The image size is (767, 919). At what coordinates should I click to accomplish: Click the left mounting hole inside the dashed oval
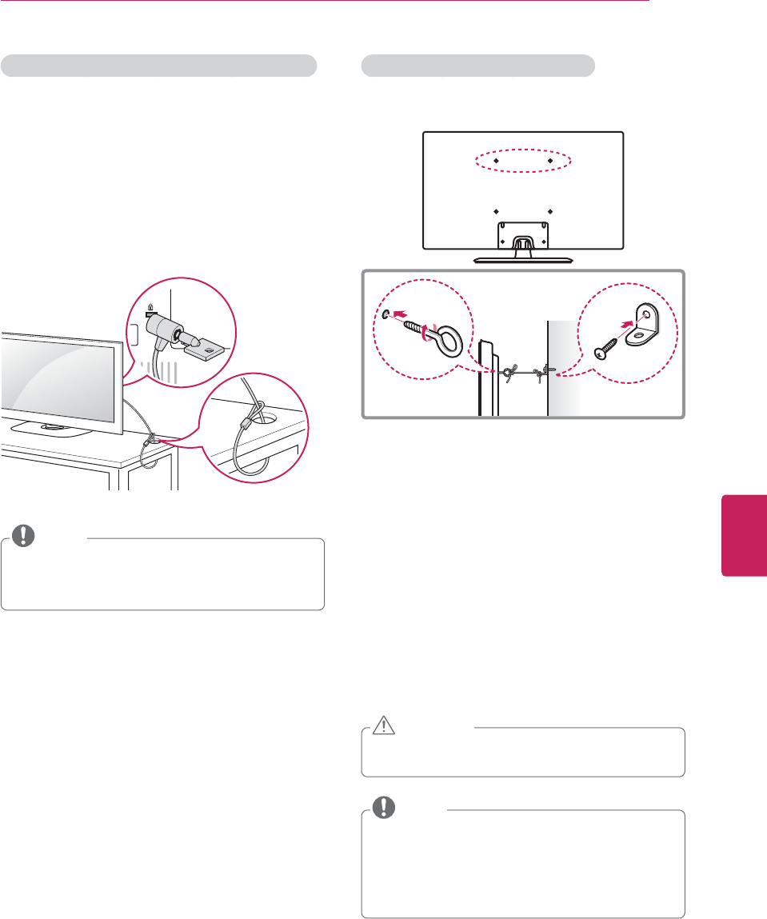(x=495, y=161)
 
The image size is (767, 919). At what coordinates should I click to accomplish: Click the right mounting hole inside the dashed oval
(x=550, y=161)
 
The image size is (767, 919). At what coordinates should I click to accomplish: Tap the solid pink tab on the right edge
(x=744, y=535)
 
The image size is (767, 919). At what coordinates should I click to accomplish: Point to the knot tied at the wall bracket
(x=542, y=371)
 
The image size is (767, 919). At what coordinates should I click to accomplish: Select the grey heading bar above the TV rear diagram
(x=478, y=66)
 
